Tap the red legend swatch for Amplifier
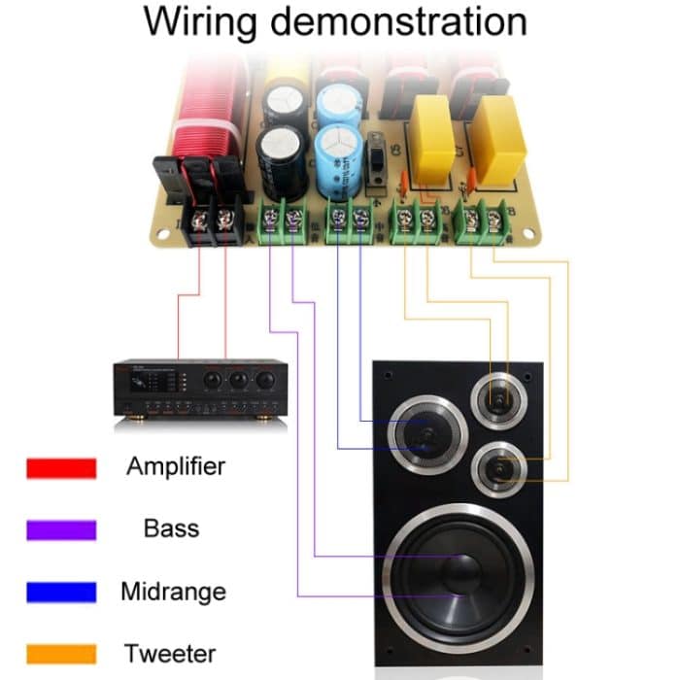click(61, 468)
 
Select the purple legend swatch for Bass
click(61, 530)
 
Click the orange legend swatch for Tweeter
click(61, 654)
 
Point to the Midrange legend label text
click(173, 592)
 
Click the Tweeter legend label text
click(174, 654)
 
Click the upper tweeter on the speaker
click(498, 396)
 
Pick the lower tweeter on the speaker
click(498, 469)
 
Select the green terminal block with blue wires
click(350, 220)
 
